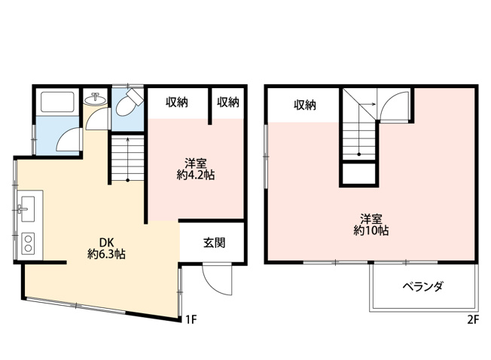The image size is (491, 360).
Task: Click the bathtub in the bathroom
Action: pyautogui.click(x=57, y=102)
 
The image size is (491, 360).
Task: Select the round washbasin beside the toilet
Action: pyautogui.click(x=95, y=99)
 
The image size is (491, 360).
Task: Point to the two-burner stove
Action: pyautogui.click(x=28, y=243)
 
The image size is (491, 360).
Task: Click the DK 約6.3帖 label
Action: pyautogui.click(x=106, y=248)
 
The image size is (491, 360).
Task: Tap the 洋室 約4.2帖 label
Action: pyautogui.click(x=195, y=169)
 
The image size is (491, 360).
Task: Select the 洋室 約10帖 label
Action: pyautogui.click(x=371, y=224)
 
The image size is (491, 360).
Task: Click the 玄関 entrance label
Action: pyautogui.click(x=215, y=243)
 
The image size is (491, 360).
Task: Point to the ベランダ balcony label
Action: pyautogui.click(x=422, y=286)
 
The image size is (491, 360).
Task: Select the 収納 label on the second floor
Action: pyautogui.click(x=305, y=105)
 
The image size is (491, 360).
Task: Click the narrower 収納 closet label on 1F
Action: pyautogui.click(x=228, y=102)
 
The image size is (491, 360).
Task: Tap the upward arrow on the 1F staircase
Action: pyautogui.click(x=128, y=159)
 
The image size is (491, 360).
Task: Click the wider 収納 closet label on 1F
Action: pyautogui.click(x=177, y=102)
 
